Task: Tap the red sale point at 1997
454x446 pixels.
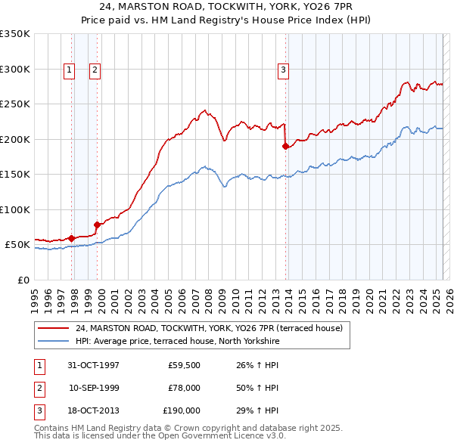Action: pyautogui.click(x=72, y=238)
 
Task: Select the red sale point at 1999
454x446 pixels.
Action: pyautogui.click(x=97, y=225)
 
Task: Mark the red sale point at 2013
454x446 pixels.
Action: pyautogui.click(x=285, y=147)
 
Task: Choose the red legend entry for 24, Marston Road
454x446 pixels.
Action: pyautogui.click(x=209, y=328)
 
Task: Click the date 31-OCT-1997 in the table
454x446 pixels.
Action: pyautogui.click(x=93, y=365)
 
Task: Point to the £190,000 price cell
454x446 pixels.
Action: pyautogui.click(x=182, y=410)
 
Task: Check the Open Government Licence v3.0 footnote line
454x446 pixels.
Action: pyautogui.click(x=160, y=436)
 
